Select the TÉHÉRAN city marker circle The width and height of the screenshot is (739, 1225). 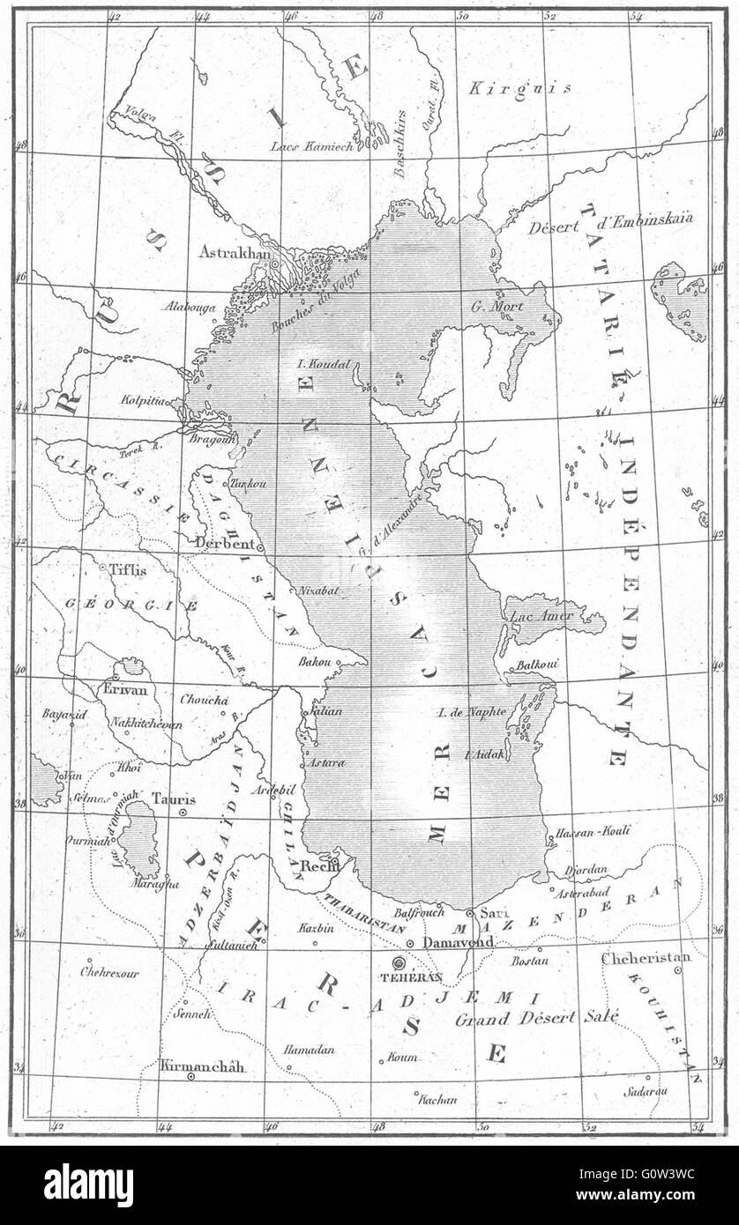(x=399, y=963)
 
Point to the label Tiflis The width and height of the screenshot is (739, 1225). (x=128, y=569)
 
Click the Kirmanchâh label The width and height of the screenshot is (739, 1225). (x=203, y=1066)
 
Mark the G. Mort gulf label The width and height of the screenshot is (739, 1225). (x=498, y=307)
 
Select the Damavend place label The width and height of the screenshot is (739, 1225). (x=458, y=942)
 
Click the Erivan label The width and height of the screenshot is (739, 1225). (x=125, y=689)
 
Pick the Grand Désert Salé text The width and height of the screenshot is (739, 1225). (x=536, y=1019)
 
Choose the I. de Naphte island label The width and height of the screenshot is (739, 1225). (x=472, y=712)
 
